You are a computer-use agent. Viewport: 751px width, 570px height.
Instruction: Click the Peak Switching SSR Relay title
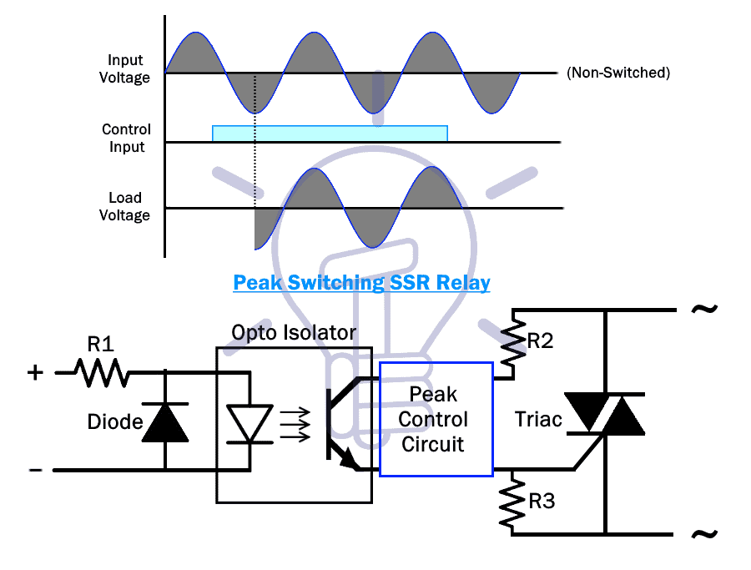click(x=361, y=283)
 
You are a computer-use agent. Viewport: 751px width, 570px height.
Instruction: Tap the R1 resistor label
click(x=101, y=344)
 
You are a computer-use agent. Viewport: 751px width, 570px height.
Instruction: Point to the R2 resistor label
click(x=540, y=341)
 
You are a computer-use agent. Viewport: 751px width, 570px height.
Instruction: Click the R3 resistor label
click(x=542, y=501)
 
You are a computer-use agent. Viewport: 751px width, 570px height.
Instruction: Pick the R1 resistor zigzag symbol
click(x=102, y=373)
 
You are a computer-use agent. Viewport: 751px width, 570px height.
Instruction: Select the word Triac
click(x=538, y=420)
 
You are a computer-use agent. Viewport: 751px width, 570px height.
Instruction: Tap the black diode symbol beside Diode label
click(x=165, y=422)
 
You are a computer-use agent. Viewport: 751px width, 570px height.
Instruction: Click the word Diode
click(x=115, y=422)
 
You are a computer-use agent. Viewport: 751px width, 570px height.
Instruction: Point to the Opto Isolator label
click(x=294, y=332)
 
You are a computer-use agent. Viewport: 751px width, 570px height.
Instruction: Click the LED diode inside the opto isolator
click(x=249, y=423)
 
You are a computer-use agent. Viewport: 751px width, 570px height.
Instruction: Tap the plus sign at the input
click(x=35, y=372)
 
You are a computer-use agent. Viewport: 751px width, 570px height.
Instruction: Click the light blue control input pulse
click(x=330, y=134)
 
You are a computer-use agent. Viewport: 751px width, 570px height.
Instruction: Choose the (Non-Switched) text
click(x=618, y=73)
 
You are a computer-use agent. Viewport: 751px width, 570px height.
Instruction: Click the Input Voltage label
click(x=124, y=68)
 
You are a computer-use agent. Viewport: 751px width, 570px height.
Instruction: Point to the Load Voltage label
click(x=124, y=206)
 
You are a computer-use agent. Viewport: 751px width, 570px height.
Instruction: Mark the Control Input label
click(x=127, y=138)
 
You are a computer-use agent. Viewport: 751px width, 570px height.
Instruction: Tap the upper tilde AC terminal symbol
click(x=704, y=309)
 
